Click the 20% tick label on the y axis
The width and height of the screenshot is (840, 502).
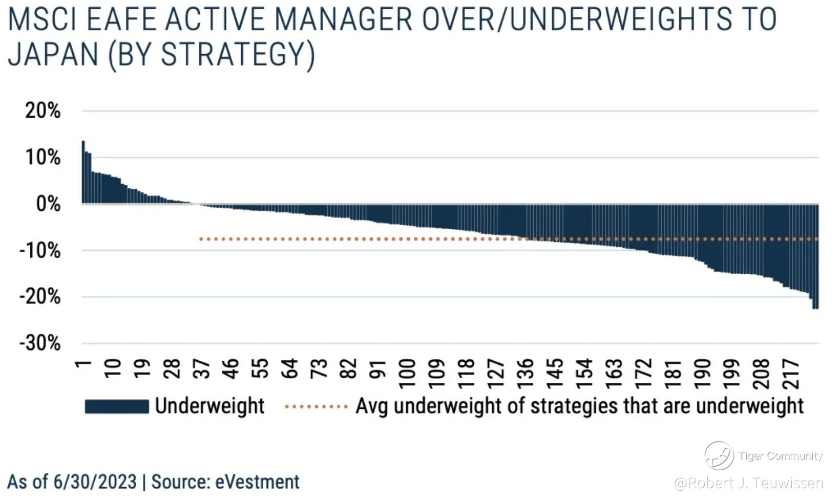(43, 111)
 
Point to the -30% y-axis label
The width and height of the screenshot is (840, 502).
(40, 343)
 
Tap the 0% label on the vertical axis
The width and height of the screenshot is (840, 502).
(48, 204)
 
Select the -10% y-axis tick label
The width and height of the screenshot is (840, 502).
(40, 250)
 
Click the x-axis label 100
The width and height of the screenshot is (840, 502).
(407, 374)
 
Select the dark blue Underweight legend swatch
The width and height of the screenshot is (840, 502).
(117, 406)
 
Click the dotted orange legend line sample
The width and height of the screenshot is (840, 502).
(316, 406)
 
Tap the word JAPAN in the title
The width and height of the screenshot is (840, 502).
(53, 55)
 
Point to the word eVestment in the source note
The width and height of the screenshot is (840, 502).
(257, 482)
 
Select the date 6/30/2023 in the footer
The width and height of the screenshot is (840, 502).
(95, 482)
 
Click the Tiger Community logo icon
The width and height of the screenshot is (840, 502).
(719, 455)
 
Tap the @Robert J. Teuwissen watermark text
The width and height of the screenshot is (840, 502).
(748, 483)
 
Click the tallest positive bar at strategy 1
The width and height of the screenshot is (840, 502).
(83, 172)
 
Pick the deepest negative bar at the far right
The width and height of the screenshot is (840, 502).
(815, 256)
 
